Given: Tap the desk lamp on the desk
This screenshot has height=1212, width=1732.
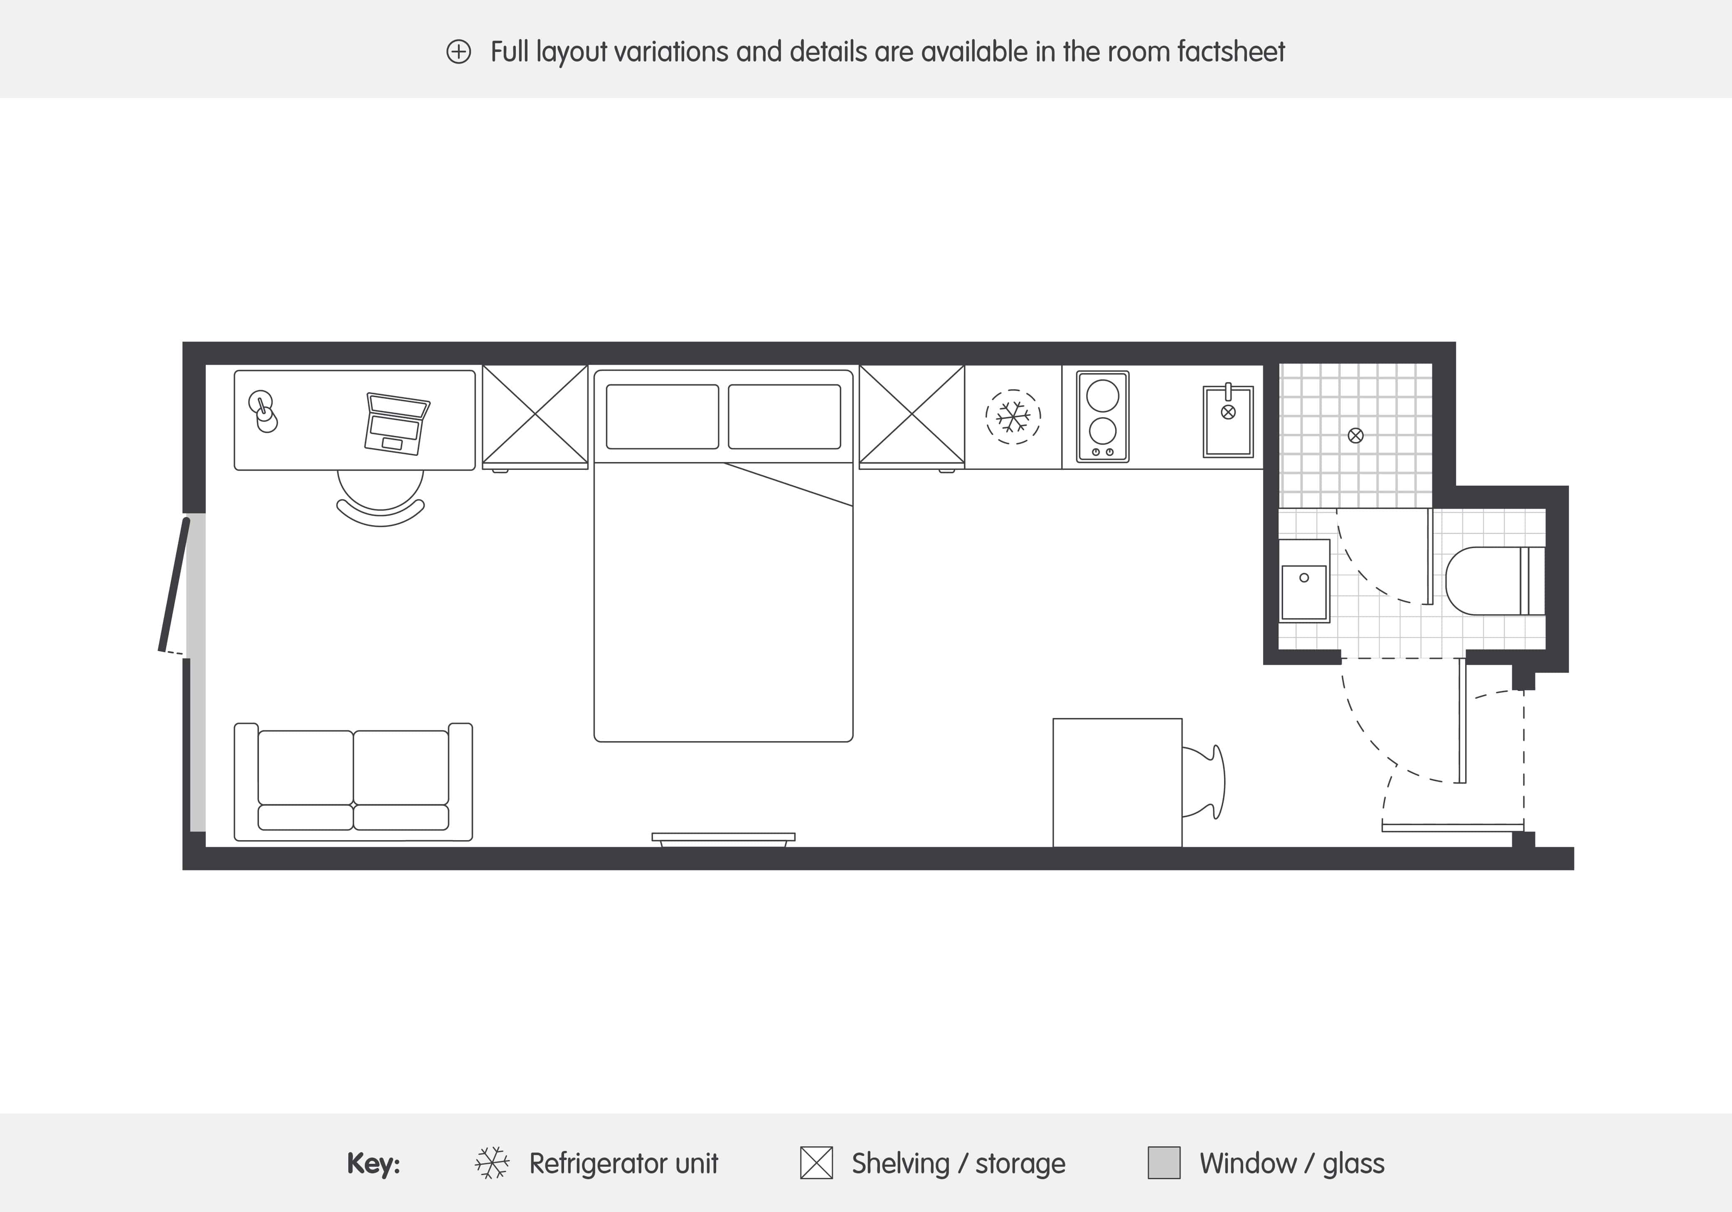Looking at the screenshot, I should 263,412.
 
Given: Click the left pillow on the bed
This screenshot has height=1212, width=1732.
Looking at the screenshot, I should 662,416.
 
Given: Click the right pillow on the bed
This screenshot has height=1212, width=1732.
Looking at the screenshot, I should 784,416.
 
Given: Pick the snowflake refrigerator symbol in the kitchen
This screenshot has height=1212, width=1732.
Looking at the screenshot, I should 1013,416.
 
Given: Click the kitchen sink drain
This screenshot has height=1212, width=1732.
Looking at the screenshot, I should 1228,412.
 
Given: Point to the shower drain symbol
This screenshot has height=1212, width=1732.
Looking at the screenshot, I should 1355,435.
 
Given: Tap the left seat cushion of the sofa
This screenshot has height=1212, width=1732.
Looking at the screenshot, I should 306,767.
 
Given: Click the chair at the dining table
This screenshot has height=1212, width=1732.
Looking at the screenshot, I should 1205,782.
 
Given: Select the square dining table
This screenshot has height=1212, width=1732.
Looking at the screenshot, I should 1117,782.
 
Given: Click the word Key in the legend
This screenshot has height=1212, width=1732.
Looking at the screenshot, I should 373,1163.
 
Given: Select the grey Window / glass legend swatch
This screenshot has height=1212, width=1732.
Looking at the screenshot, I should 1163,1162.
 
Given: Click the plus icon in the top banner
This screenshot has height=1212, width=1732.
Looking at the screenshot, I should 458,52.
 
